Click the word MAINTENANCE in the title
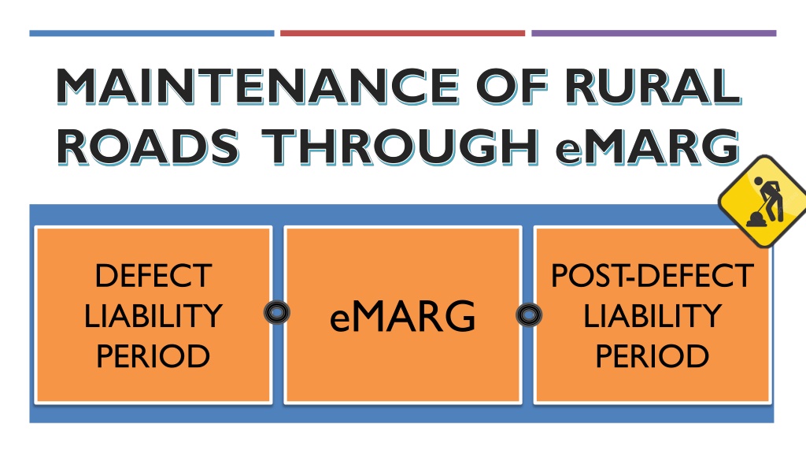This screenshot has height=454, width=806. tap(258, 86)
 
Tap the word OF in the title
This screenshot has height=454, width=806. tap(512, 86)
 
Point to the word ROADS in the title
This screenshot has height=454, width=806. tap(148, 147)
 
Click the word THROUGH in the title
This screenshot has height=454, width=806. tap(400, 147)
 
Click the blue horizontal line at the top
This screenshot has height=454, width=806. tap(152, 33)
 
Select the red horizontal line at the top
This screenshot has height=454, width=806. tap(402, 33)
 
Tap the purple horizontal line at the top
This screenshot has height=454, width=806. tap(654, 33)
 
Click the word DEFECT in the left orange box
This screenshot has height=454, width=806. tap(153, 275)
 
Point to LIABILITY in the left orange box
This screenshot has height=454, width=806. tap(153, 315)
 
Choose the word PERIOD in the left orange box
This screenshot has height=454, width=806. tap(153, 355)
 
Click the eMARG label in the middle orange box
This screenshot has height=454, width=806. tap(402, 317)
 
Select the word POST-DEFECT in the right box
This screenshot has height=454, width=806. tap(653, 275)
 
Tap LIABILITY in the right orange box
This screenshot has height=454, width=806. tap(653, 315)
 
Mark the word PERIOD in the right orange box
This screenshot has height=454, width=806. tap(653, 355)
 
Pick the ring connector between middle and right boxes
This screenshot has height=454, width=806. tap(529, 308)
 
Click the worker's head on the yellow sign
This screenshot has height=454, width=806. tap(758, 181)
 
